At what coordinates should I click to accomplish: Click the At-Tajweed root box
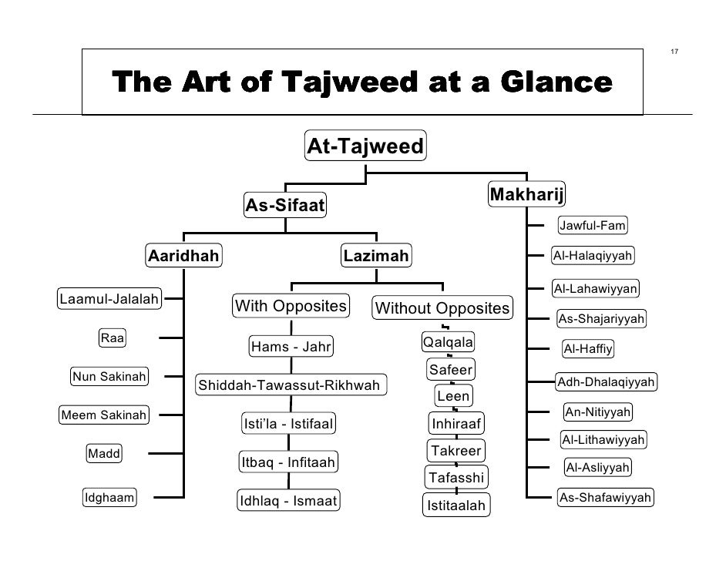pos(365,146)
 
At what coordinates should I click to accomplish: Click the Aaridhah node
pos(183,256)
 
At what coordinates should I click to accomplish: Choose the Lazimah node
pos(377,256)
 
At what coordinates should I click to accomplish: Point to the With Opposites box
pos(291,306)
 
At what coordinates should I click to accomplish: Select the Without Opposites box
pos(442,309)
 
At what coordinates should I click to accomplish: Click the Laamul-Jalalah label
pos(109,298)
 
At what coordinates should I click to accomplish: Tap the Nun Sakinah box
pos(110,376)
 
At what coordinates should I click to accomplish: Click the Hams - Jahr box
pos(291,347)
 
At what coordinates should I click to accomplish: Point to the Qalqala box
pos(449,342)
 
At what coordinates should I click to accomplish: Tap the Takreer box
pos(456,450)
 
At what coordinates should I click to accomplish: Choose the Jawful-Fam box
pos(592,226)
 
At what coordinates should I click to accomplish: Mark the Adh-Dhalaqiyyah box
pos(606,381)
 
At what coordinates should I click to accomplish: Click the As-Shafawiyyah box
pos(605,498)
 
